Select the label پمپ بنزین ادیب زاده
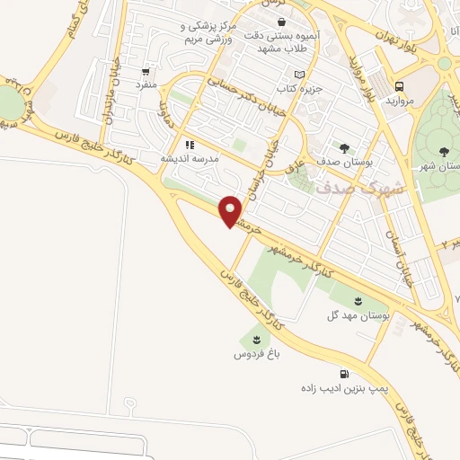pos(342,388)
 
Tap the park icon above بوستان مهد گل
pos(358,300)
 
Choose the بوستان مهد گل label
pos(358,315)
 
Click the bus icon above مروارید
pos(399,87)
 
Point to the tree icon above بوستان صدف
pos(344,146)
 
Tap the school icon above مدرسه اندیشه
pos(189,144)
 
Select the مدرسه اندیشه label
pos(189,158)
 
